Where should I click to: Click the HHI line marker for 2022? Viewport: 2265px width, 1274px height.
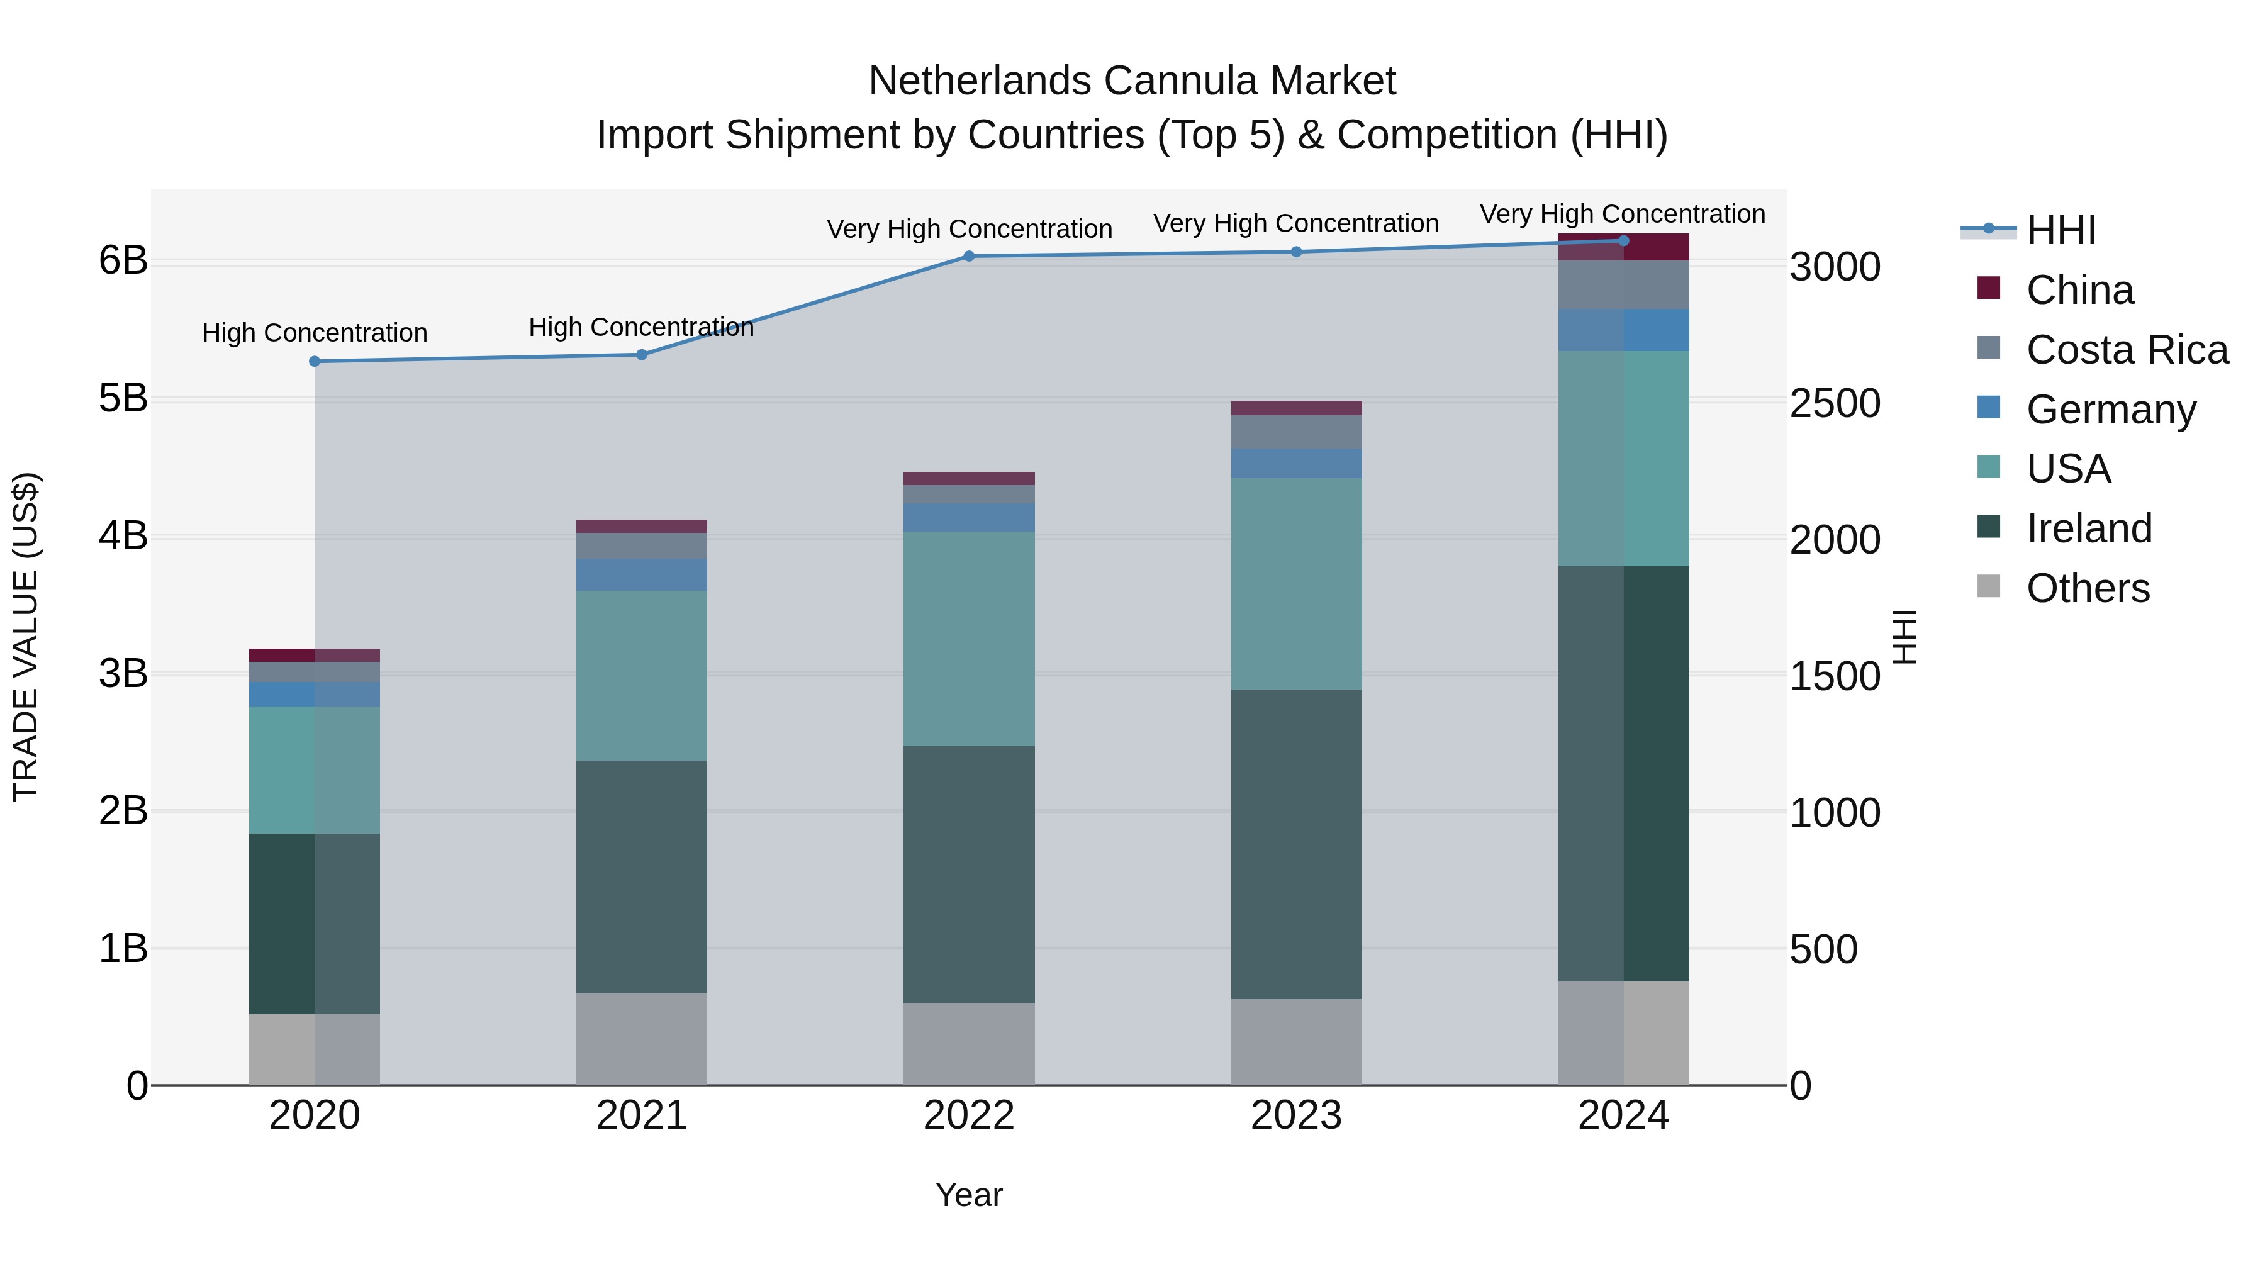969,256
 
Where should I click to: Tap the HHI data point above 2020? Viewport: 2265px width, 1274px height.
315,361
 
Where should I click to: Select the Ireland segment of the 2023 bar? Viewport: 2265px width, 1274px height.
1296,844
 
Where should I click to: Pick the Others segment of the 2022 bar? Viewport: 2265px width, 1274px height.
969,1044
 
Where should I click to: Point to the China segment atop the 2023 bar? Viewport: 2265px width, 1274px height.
1296,408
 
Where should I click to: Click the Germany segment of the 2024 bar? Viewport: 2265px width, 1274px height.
1623,330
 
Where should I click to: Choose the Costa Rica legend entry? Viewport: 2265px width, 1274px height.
2126,350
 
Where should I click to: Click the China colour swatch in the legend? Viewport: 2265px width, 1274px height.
1989,288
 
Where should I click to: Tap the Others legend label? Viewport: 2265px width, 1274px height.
2088,588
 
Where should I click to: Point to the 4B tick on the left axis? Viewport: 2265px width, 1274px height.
123,535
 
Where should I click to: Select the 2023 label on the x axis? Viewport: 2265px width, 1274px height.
1296,1115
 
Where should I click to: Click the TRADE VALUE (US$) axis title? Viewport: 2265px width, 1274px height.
26,637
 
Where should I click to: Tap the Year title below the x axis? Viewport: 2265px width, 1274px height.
969,1195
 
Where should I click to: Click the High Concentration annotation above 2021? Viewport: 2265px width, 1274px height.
641,327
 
